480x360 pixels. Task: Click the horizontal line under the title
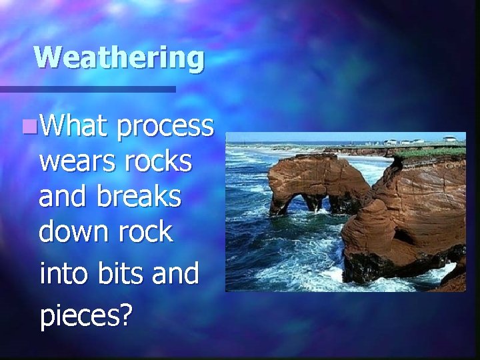[87, 89]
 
